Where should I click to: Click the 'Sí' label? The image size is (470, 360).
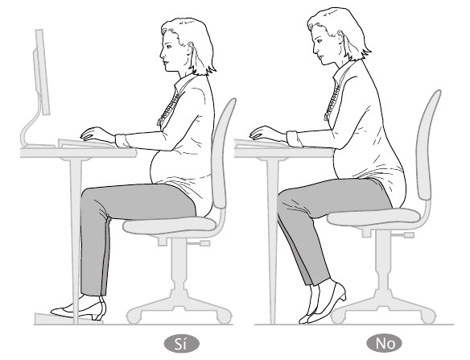181,344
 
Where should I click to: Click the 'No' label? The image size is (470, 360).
385,343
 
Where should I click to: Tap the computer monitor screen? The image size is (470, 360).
43,72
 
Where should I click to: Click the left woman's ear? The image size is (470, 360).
191,47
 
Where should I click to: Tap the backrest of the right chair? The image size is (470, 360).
427,145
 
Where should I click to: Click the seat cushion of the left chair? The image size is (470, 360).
169,225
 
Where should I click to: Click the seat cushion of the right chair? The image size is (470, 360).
373,217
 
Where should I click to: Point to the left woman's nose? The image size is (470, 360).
162,55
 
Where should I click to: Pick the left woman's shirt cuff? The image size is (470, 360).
122,140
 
